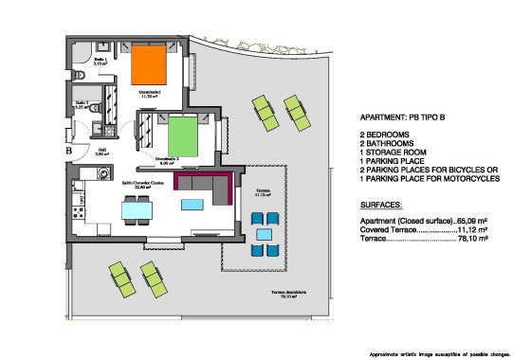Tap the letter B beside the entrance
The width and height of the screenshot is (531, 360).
point(68,150)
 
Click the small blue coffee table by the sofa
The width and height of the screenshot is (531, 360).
point(192,204)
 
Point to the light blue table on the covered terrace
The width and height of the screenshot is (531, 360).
point(265,234)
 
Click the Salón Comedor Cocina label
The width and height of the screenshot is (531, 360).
point(141,187)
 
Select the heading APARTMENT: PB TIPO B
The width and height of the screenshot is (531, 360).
point(402,118)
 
